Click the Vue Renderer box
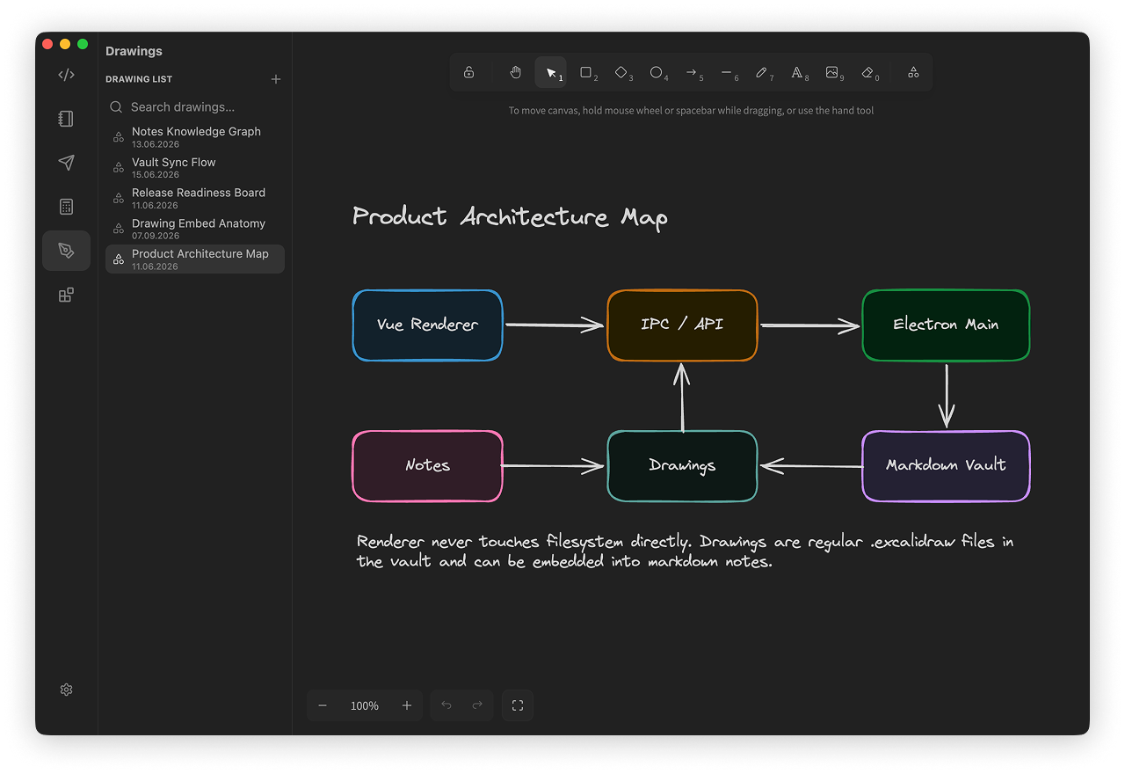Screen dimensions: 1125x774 click(427, 325)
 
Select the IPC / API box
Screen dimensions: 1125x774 click(682, 325)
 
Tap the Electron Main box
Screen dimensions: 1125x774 click(946, 325)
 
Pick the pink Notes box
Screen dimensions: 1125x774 click(427, 466)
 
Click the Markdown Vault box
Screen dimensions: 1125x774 click(946, 466)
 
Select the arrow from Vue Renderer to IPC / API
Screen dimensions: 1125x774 click(555, 325)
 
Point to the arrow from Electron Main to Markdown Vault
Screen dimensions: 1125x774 click(947, 396)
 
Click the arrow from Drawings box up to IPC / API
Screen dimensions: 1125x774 click(681, 397)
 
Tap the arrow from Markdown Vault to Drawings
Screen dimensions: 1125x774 click(811, 466)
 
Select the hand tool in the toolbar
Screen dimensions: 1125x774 click(516, 73)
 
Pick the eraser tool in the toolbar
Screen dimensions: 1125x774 click(869, 73)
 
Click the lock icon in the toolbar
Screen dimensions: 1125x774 click(468, 73)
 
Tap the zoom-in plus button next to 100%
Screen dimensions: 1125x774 click(407, 705)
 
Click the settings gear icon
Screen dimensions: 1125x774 click(66, 690)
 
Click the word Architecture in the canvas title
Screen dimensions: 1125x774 click(533, 217)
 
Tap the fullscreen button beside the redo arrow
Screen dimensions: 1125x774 click(518, 705)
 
